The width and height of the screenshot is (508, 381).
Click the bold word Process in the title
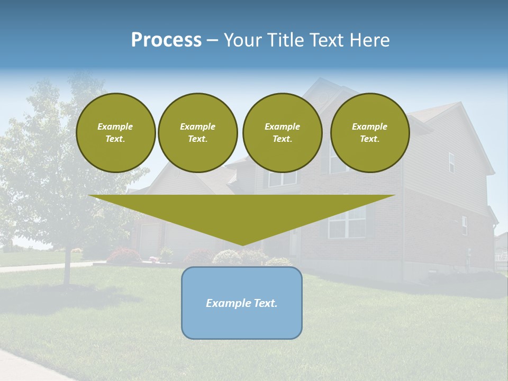(166, 40)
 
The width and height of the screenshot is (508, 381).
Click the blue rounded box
(242, 323)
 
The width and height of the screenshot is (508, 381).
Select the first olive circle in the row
(115, 133)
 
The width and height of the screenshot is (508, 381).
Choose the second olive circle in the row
(198, 133)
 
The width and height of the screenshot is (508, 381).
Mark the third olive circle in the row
(282, 133)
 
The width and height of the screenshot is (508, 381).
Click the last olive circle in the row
(370, 133)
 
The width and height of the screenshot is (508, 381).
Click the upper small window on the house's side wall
(451, 162)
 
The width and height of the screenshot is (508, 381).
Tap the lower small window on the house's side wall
(465, 225)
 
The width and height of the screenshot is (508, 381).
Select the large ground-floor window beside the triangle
(347, 222)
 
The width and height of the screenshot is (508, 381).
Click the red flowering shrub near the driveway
(124, 256)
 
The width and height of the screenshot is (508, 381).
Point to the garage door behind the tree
(150, 239)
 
